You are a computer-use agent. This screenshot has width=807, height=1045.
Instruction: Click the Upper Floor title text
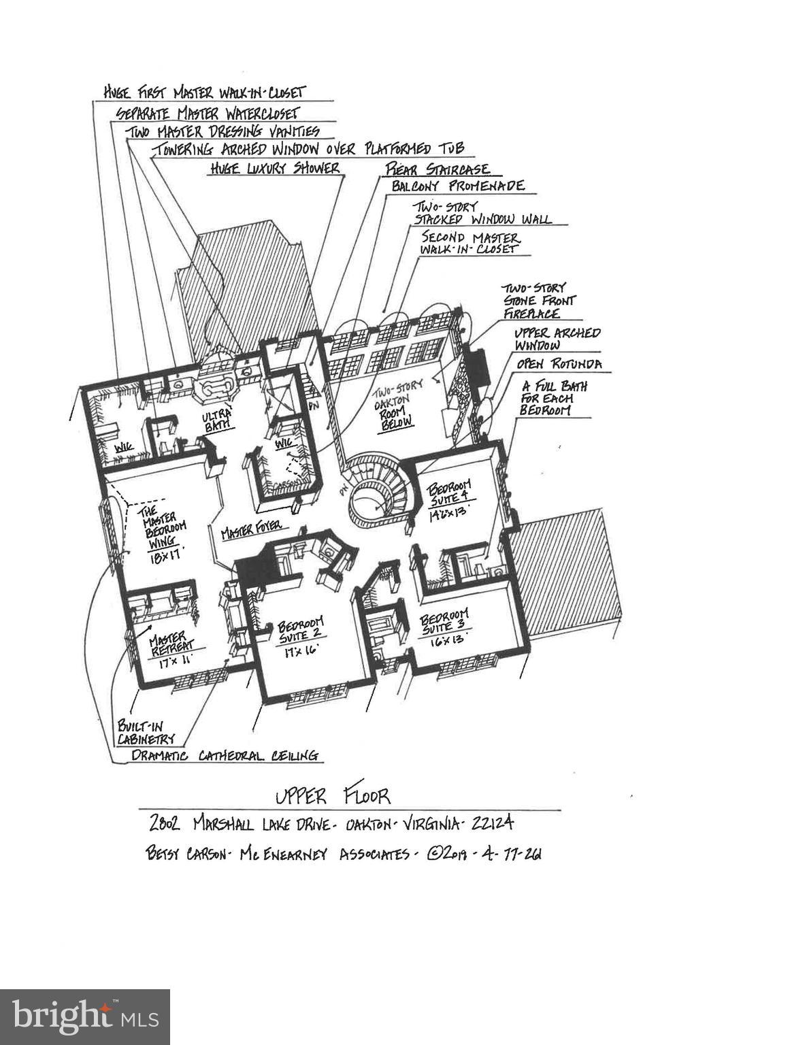[333, 795]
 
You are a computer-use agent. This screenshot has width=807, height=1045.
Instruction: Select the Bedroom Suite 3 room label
[446, 623]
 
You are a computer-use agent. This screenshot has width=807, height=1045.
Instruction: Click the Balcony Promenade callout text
[457, 186]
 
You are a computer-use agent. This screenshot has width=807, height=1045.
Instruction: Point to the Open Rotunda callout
[559, 365]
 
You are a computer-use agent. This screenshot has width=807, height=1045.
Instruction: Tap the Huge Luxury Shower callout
[274, 168]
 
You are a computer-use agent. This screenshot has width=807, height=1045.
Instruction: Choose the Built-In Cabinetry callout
[146, 732]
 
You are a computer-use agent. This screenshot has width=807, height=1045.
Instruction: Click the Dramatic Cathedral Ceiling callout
[225, 755]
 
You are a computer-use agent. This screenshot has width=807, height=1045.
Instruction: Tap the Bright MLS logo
[85, 1017]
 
